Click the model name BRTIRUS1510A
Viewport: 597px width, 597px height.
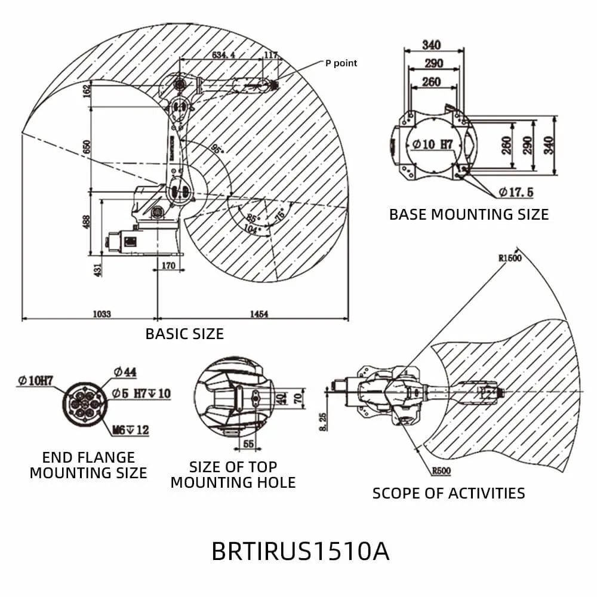[300, 550]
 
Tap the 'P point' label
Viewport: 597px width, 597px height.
[341, 63]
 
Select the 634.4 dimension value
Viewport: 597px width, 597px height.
[223, 55]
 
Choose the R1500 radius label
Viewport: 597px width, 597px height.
[510, 259]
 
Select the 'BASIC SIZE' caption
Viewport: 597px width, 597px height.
[184, 334]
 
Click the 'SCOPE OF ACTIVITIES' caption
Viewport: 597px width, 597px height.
[448, 493]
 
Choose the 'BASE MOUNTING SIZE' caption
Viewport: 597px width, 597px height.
[469, 214]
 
